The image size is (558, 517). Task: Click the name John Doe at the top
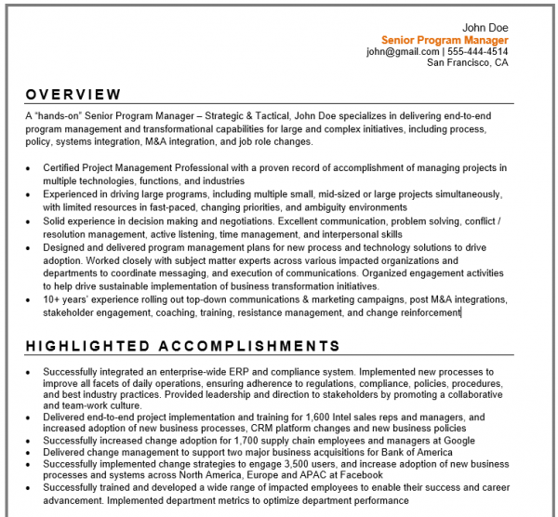coord(485,28)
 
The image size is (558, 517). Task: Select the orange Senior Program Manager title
coord(445,40)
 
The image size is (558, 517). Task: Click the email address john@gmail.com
coord(402,52)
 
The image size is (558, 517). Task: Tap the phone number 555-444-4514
coord(478,52)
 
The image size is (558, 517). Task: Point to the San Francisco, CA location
coord(467,63)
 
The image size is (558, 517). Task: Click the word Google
coord(458,441)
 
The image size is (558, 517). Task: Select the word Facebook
coord(360,475)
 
